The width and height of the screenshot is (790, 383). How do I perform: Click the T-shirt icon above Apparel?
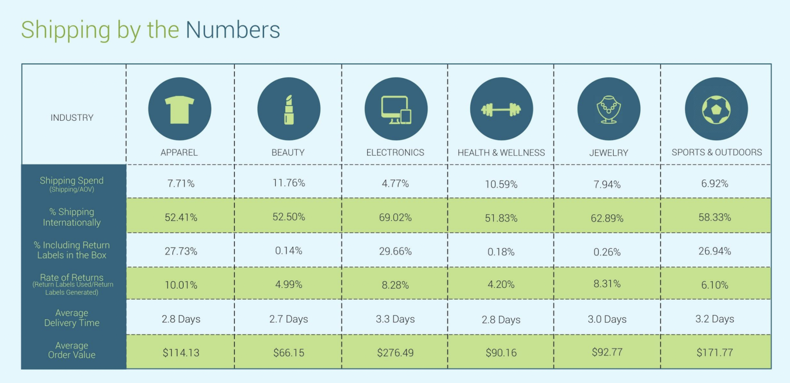coord(179,109)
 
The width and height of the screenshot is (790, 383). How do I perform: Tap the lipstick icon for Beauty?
coord(289,109)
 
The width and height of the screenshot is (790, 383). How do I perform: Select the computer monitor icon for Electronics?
coord(396,109)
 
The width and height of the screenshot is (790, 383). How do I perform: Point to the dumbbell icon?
coord(501,109)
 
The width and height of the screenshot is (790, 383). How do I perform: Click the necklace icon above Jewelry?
coord(608,109)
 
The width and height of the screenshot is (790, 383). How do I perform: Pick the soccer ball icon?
coord(716,109)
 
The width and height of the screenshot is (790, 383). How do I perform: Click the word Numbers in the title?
coord(232,30)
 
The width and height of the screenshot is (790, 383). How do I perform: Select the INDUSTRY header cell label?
coord(72,118)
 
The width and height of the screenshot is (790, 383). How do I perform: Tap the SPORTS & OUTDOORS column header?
coord(716,152)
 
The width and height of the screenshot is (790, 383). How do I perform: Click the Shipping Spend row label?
coord(71,181)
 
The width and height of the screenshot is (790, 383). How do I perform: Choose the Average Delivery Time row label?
coord(72,318)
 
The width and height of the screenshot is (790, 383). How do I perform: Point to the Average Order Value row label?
coord(72,350)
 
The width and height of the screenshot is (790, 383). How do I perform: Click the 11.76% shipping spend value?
coord(289,183)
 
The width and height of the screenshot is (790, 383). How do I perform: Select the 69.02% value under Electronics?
coord(395,217)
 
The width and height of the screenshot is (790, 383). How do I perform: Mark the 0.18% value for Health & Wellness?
coord(501,252)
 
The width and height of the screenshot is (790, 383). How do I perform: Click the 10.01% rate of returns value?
coord(181,285)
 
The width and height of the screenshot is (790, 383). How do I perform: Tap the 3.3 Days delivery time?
coord(395,319)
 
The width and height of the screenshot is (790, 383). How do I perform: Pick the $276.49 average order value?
coord(395,353)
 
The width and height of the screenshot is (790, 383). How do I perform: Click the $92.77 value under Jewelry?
coord(607,352)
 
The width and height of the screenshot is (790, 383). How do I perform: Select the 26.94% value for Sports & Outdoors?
coord(714,251)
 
